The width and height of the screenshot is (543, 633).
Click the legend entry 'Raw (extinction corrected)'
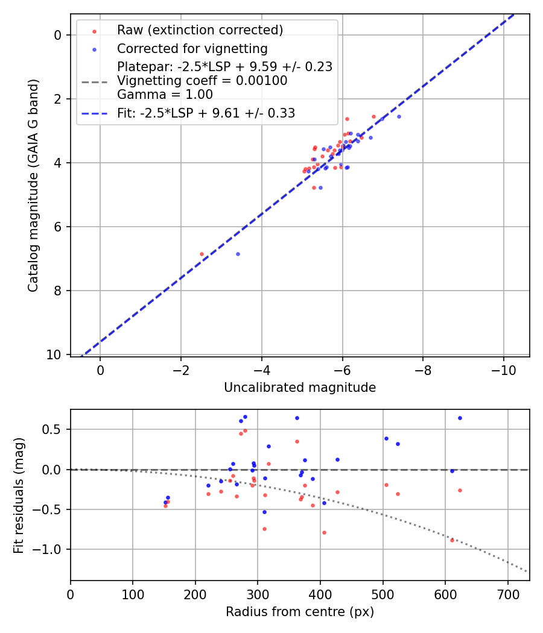coord(200,30)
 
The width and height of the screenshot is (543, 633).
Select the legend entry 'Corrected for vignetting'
coord(192,48)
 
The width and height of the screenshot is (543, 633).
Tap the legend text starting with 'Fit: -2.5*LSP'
coord(206,113)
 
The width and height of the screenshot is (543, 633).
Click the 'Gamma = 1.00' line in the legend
coord(165,95)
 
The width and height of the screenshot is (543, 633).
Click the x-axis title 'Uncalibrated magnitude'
coord(300,388)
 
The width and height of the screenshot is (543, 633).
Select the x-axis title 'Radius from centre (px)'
coord(300,612)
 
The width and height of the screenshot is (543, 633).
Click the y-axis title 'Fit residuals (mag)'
coord(19,495)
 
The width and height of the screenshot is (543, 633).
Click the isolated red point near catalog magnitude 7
coord(202,254)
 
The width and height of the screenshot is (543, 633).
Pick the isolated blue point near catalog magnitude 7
coord(238,254)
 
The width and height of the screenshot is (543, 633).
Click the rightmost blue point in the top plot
coord(399,116)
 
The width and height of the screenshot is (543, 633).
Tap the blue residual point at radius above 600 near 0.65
coord(460,418)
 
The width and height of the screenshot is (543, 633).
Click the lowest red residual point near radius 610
coord(452,540)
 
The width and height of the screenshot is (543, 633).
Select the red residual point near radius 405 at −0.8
coord(324,532)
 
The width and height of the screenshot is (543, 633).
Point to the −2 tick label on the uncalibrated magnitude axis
coord(180,368)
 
